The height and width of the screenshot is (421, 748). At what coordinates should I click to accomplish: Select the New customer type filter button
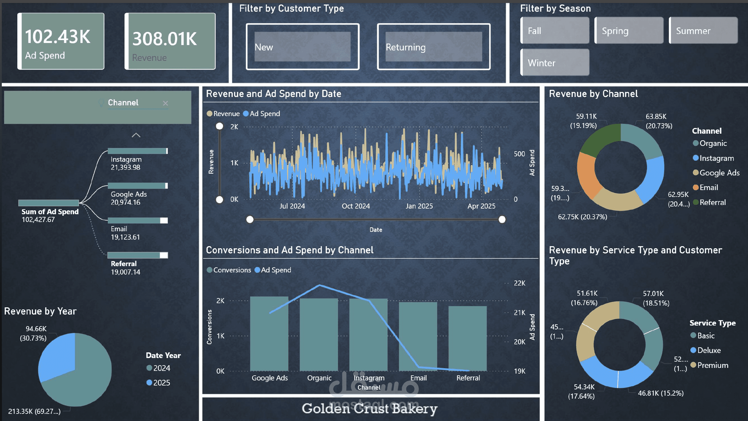click(x=302, y=47)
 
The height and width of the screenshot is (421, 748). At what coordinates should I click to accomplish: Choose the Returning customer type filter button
click(x=433, y=47)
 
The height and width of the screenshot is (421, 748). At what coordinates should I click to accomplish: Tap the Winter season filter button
click(x=555, y=63)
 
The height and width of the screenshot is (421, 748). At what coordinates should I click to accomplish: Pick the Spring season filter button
click(x=629, y=31)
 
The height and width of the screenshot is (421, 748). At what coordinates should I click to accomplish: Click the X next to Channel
click(x=165, y=103)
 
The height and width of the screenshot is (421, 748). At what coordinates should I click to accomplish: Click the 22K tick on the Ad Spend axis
click(x=519, y=283)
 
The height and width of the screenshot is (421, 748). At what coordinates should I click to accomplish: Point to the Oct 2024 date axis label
click(x=356, y=206)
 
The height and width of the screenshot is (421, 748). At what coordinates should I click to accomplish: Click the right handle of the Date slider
click(x=502, y=220)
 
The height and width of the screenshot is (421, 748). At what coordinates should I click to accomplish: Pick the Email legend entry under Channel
click(x=708, y=187)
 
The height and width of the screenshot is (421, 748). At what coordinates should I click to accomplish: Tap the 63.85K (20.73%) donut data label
click(x=659, y=121)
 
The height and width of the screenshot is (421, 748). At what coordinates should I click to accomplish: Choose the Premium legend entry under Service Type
click(x=712, y=365)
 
